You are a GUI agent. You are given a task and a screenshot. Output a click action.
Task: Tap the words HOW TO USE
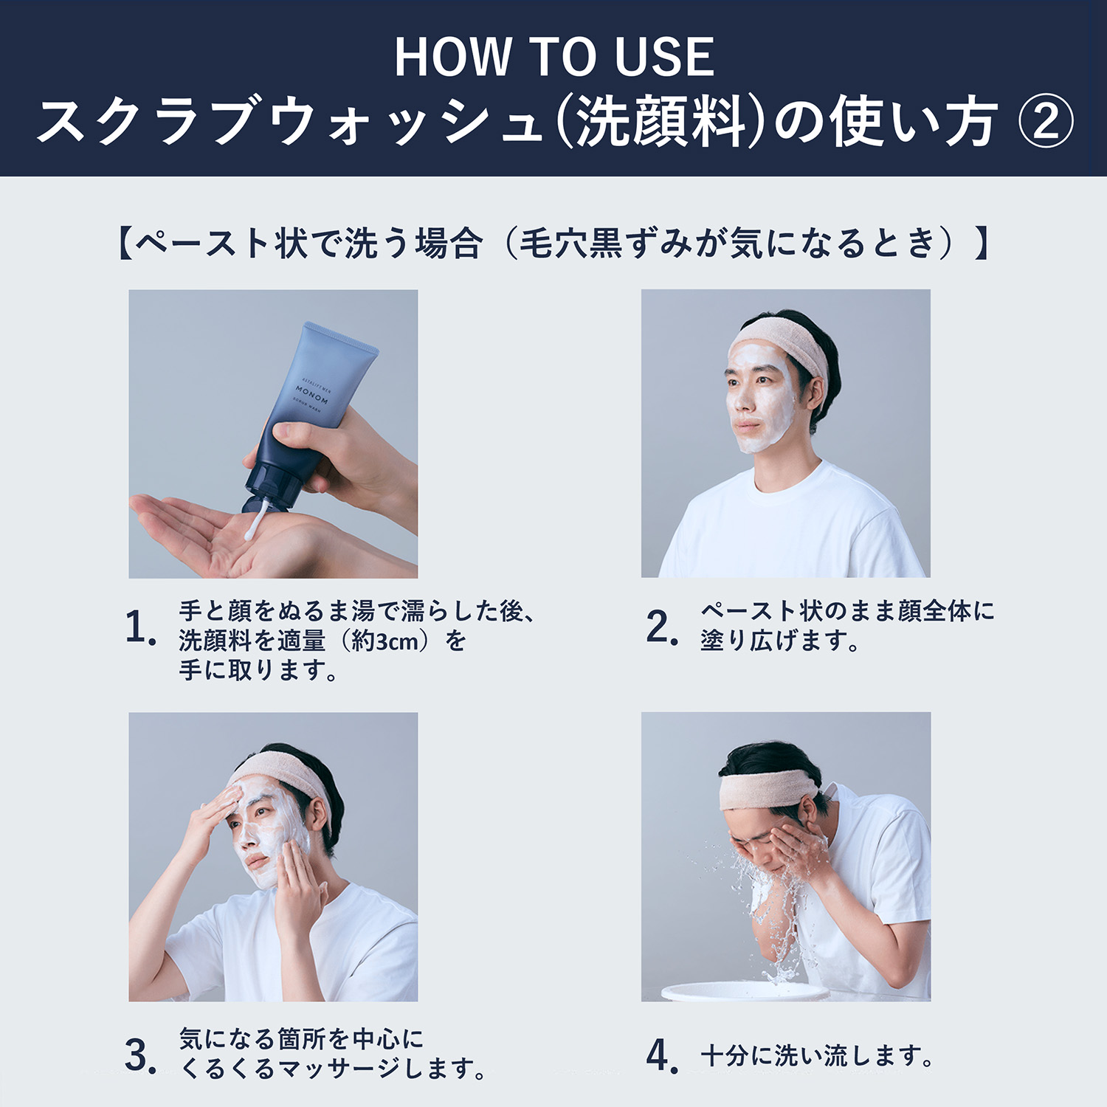click(x=554, y=57)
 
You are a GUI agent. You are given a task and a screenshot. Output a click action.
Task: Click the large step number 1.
click(x=140, y=628)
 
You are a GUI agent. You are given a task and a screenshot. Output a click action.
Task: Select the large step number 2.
click(x=661, y=627)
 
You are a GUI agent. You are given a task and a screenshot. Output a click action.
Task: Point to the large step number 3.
click(x=141, y=1055)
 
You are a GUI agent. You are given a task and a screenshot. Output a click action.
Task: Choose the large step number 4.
click(x=662, y=1055)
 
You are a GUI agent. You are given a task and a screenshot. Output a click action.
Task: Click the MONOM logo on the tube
click(x=311, y=395)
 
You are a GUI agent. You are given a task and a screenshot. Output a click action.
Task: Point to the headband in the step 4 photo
click(x=768, y=787)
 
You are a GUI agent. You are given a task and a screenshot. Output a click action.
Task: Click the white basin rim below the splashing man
click(x=745, y=991)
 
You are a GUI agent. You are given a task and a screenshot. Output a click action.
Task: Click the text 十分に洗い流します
click(x=817, y=1056)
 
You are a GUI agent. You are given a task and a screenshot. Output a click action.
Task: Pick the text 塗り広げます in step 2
click(x=779, y=640)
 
